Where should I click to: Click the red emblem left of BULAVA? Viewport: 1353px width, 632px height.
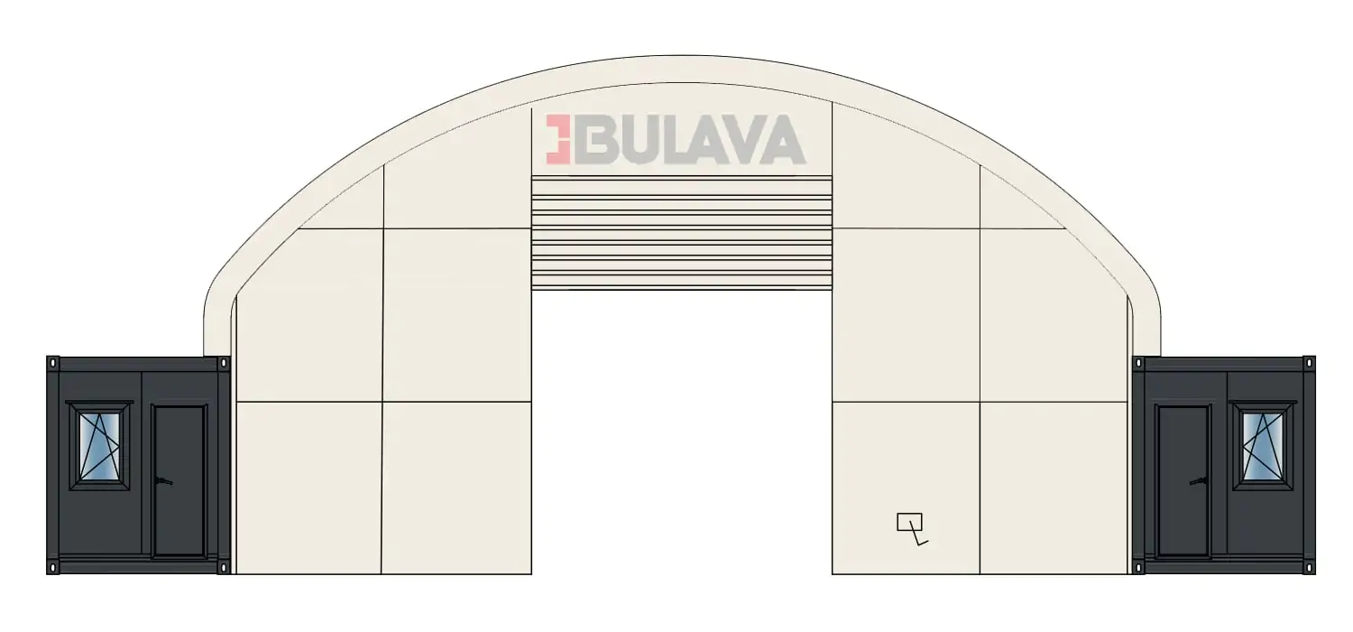click(558, 139)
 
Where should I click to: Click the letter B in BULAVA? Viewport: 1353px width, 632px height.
click(593, 139)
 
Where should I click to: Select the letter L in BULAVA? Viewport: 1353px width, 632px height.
click(671, 139)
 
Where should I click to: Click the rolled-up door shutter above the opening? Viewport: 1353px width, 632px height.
click(681, 233)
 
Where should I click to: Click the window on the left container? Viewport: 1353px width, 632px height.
click(99, 446)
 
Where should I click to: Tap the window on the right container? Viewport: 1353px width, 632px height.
click(1263, 446)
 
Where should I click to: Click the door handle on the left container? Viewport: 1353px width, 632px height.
click(163, 481)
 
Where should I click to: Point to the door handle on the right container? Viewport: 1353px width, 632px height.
click(1199, 481)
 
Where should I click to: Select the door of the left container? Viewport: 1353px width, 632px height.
click(179, 480)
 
